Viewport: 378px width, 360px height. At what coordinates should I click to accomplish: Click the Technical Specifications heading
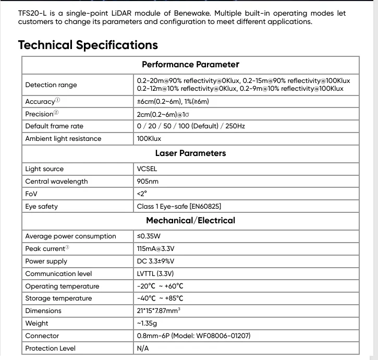pos(88,45)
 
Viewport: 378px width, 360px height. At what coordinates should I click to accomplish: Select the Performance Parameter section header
pos(190,65)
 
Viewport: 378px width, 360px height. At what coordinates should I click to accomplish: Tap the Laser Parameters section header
pos(190,153)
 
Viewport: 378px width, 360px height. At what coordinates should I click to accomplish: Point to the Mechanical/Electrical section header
pos(190,221)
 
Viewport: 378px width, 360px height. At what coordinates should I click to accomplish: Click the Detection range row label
pos(51,85)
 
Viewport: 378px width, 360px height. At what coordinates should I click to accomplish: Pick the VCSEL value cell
pos(147,169)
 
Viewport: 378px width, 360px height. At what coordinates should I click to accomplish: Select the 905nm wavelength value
pos(148,182)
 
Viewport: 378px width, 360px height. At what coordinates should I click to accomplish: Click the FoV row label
pos(32,194)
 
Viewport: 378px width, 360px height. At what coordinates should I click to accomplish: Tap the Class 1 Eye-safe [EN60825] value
pos(182,207)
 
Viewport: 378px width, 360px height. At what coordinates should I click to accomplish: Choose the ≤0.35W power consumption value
pos(149,236)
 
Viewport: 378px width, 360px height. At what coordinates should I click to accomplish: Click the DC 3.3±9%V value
pos(156,261)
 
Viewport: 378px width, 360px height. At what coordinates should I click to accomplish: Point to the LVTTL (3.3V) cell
pos(155,274)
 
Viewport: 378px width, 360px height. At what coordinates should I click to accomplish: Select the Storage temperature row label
pos(58,298)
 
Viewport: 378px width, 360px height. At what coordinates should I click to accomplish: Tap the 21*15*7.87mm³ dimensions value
pos(158,311)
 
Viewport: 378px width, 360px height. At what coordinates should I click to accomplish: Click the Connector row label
pos(42,336)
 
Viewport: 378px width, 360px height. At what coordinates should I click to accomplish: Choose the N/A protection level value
pos(143,349)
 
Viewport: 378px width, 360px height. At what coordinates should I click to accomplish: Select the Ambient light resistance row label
pos(63,139)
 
